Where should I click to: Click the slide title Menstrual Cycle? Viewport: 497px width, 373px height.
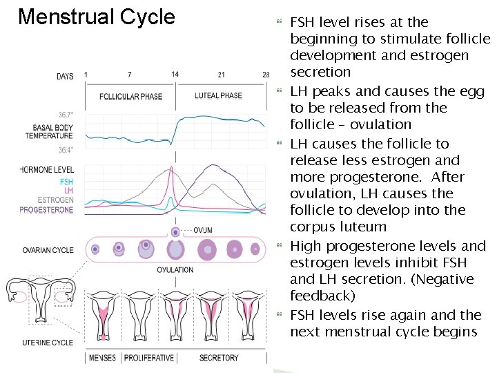click(96, 17)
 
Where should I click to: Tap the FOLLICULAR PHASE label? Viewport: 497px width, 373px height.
click(131, 96)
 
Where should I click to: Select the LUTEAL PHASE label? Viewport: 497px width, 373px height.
click(219, 96)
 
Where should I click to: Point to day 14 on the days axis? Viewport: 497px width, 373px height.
click(175, 75)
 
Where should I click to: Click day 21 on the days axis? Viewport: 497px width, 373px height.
click(221, 75)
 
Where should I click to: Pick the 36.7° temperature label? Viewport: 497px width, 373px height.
click(66, 115)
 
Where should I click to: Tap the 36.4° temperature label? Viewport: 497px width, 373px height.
click(66, 150)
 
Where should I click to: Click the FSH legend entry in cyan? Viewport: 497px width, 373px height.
click(66, 182)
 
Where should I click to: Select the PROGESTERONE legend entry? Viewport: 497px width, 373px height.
click(46, 209)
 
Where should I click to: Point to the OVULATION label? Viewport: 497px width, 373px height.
click(175, 269)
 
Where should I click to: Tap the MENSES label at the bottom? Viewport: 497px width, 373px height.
click(102, 358)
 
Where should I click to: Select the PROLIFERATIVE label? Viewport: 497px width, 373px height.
click(149, 358)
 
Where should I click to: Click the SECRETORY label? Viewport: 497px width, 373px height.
click(219, 358)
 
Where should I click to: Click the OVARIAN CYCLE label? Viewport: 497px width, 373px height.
click(48, 250)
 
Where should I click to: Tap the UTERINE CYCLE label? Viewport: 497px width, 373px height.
click(47, 343)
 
